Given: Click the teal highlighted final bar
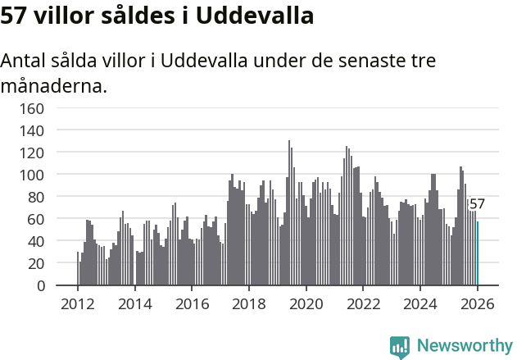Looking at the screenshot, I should click(x=478, y=253).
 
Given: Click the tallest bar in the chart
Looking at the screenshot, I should click(x=289, y=213).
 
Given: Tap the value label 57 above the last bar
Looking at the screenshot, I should click(x=477, y=204).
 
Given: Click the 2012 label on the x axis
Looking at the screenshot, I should click(x=78, y=303).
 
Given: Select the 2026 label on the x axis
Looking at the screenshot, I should click(x=477, y=303).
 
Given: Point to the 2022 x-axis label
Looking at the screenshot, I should click(x=363, y=303).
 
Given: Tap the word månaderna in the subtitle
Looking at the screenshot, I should click(x=54, y=85).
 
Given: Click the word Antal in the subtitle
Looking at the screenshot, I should click(x=25, y=62).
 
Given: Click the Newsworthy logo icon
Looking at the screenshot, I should click(x=400, y=346).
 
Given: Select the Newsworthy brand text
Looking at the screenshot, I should click(x=464, y=346).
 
